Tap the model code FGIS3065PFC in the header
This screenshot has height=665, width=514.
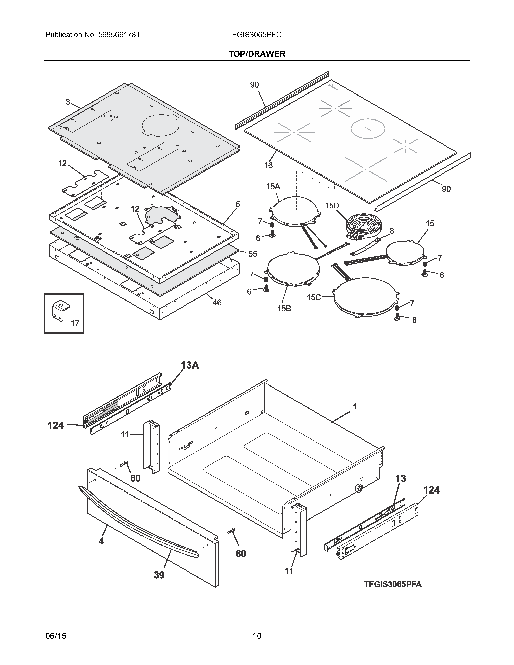[256, 35]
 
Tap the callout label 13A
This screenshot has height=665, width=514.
[190, 365]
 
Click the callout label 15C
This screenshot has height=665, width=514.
[314, 297]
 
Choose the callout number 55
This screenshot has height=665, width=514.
[252, 254]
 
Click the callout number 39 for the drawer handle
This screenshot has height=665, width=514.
[159, 575]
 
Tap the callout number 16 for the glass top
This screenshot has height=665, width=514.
[268, 165]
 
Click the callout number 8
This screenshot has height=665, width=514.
[392, 231]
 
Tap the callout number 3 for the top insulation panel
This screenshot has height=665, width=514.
[68, 102]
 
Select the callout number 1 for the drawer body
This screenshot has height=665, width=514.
[355, 406]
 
